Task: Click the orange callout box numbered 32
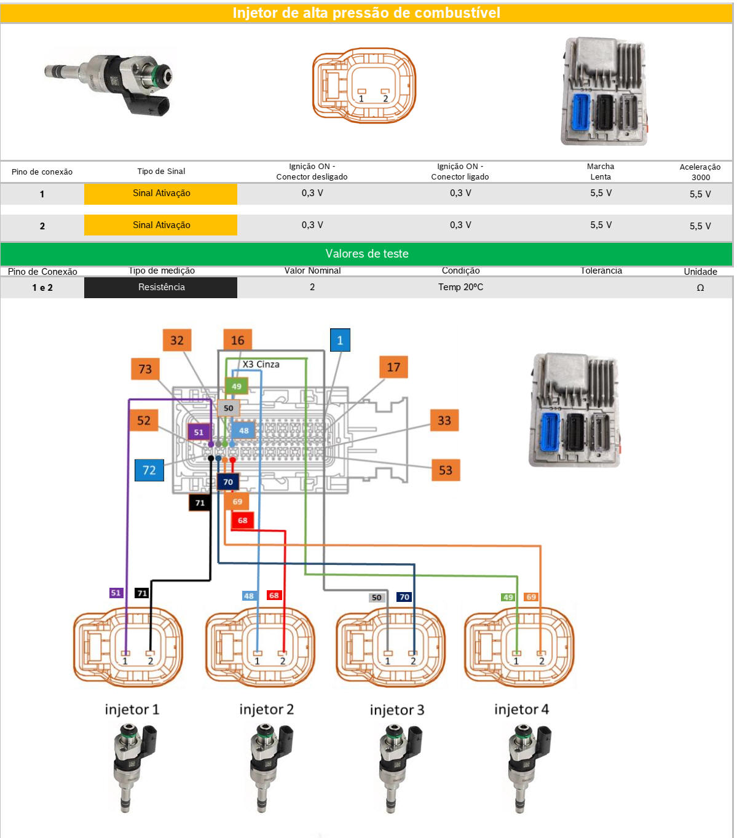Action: click(x=176, y=341)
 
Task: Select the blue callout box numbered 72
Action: click(x=149, y=470)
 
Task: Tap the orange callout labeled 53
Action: click(x=446, y=470)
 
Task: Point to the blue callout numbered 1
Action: click(x=340, y=341)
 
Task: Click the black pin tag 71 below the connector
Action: click(x=200, y=503)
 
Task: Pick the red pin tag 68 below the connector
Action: click(x=243, y=521)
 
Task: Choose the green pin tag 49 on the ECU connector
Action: click(x=237, y=386)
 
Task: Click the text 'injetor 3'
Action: click(x=396, y=710)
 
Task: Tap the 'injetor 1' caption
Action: click(x=132, y=710)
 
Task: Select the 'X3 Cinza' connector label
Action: click(x=261, y=365)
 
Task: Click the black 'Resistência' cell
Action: click(x=161, y=287)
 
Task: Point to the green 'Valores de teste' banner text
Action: click(x=367, y=254)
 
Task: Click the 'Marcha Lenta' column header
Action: click(x=601, y=172)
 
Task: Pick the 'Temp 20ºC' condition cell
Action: click(x=460, y=287)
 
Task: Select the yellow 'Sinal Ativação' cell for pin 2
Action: click(x=161, y=225)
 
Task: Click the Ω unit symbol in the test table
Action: click(x=700, y=288)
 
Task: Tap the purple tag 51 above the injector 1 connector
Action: click(x=116, y=593)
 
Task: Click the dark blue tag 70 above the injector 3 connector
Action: click(x=404, y=597)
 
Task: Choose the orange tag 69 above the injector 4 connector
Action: click(x=531, y=597)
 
